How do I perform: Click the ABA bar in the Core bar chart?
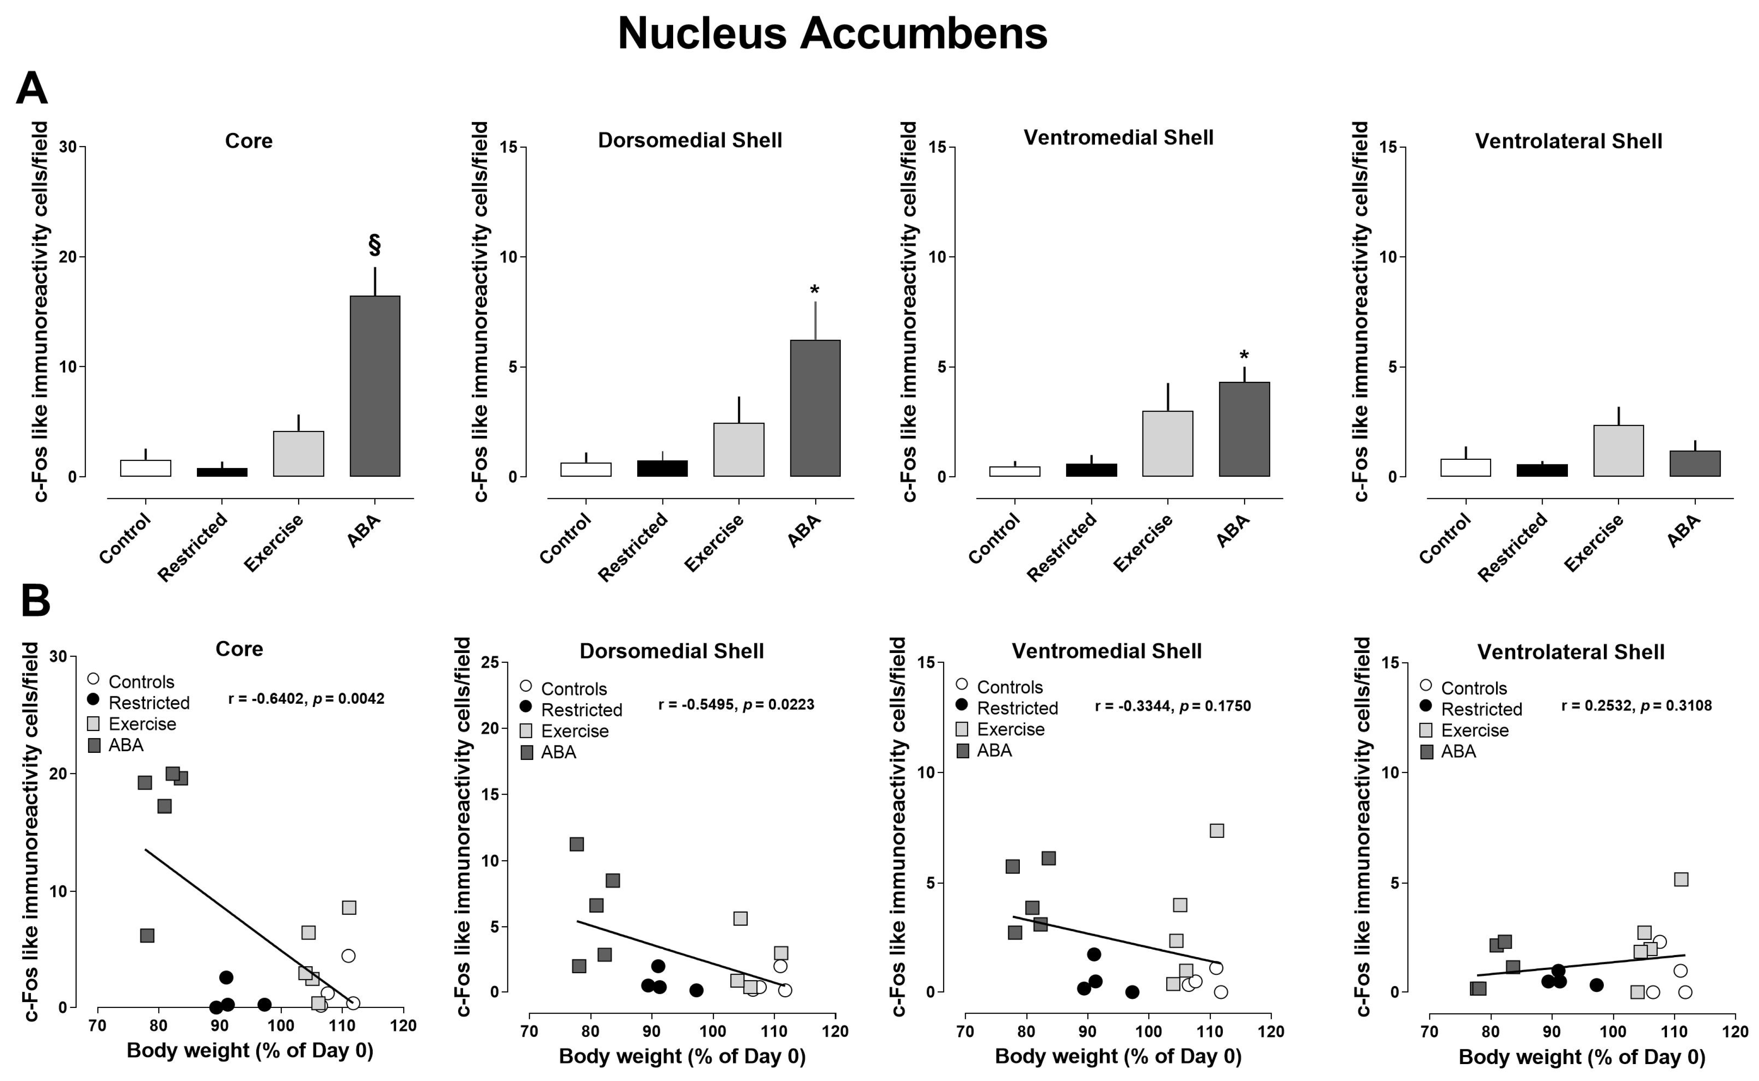coord(374,386)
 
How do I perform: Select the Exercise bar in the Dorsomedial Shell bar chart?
coord(738,450)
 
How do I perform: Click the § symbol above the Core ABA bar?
coord(374,244)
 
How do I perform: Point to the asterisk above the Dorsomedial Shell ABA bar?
coord(814,290)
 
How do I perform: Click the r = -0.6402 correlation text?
coord(306,698)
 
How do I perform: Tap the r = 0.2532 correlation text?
coord(1636,706)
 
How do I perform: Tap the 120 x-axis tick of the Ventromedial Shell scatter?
coord(1270,1031)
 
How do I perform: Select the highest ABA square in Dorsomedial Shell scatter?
coord(576,844)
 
